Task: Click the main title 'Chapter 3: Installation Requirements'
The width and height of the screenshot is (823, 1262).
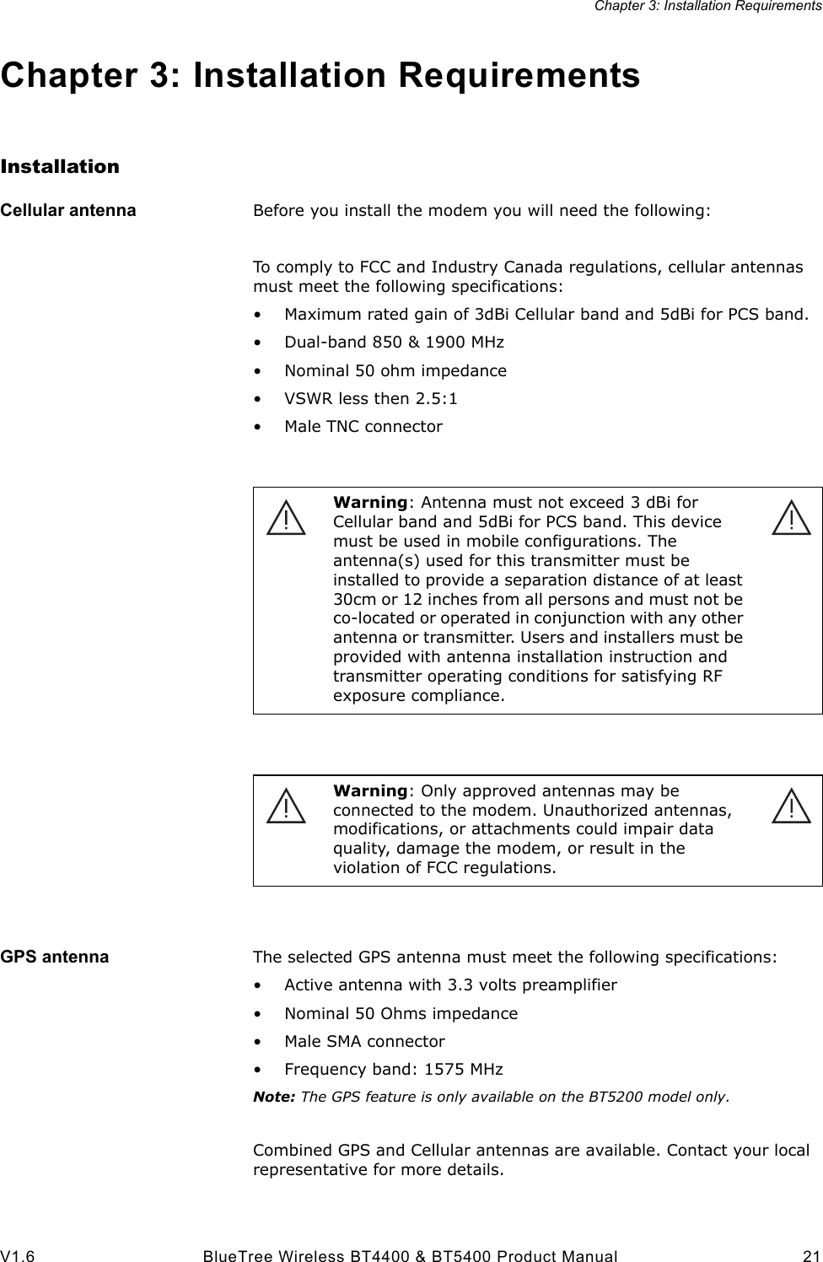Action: point(320,75)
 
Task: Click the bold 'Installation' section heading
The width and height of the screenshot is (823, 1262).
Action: point(60,166)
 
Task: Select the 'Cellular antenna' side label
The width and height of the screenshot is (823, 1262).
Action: point(68,210)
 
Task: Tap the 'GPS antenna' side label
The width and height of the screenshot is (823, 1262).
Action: point(55,957)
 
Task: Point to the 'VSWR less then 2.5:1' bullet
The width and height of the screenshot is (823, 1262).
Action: point(382,398)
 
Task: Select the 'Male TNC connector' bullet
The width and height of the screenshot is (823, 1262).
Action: point(363,426)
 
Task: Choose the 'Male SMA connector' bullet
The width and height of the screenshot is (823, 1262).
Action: point(364,1041)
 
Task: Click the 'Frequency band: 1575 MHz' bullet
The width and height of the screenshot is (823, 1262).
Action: point(393,1070)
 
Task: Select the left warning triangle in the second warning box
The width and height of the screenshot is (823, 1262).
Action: point(286,806)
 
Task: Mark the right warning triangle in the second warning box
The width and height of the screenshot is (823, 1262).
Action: point(791,806)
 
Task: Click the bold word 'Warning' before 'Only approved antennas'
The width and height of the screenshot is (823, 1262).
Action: point(370,790)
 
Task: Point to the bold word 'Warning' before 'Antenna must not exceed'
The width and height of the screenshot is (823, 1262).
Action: point(370,503)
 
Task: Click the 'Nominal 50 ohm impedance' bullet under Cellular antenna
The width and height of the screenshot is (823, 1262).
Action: point(395,370)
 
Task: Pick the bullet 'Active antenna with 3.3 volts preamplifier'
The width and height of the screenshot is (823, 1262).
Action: point(450,984)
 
